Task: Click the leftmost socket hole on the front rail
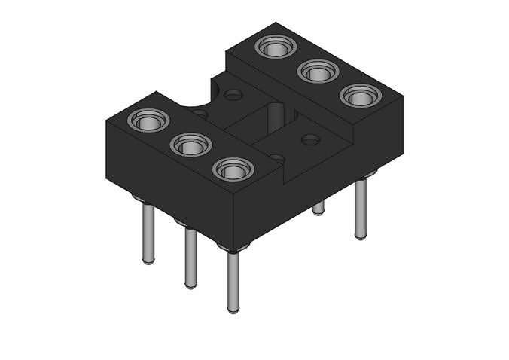point(148,120)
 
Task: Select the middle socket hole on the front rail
point(190,145)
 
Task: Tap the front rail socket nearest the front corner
point(233,169)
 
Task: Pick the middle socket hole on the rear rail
point(317,72)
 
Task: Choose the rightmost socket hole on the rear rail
point(360,96)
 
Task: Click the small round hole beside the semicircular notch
point(234,95)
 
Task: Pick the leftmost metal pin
point(148,233)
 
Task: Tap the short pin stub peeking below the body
point(319,208)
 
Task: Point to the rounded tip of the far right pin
point(361,237)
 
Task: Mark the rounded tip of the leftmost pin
point(148,261)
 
